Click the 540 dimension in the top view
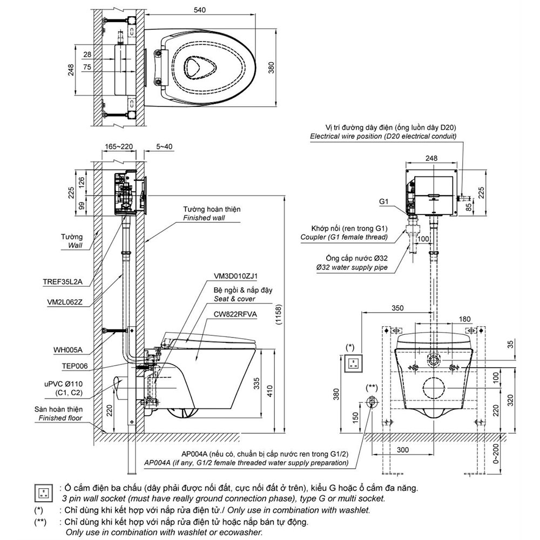[x=199, y=10]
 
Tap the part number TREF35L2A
[x=63, y=282]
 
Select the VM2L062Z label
[x=65, y=302]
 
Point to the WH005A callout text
[x=68, y=350]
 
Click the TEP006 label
[x=75, y=366]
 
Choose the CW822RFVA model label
[x=235, y=314]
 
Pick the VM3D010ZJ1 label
[x=235, y=276]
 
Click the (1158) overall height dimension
[x=279, y=314]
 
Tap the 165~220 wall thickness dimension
[x=119, y=147]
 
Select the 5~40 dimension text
[x=164, y=147]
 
